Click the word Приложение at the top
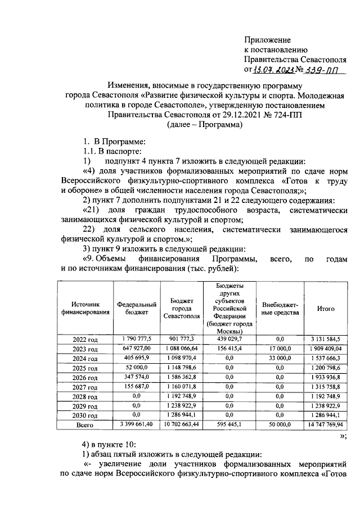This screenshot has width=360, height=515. click(267, 40)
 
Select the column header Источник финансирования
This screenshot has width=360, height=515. click(85, 309)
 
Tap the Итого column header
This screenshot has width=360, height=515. click(326, 309)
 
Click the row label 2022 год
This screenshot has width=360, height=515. click(85, 339)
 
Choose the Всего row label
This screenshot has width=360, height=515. click(85, 426)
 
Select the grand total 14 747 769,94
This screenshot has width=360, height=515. click(326, 426)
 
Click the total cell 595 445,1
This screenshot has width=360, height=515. click(229, 426)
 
